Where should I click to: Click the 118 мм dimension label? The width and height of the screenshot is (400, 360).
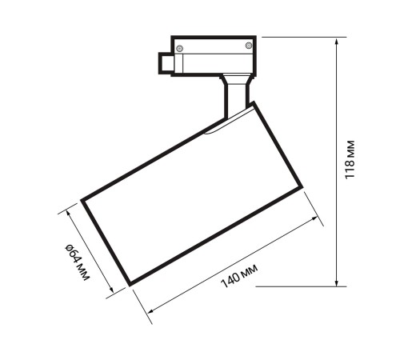350,160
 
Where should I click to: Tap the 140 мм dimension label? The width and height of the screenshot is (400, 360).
239,276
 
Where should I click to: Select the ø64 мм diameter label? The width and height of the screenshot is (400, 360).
77,262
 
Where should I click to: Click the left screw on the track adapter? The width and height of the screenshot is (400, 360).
180,49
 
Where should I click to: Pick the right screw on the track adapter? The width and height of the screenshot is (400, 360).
249,46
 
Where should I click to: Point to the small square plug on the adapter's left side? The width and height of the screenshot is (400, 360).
166,63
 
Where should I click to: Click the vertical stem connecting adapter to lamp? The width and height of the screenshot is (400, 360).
237,96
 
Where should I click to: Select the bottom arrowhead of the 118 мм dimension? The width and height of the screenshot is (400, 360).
337,283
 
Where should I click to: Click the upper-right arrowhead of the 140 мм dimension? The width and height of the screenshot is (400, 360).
314,218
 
